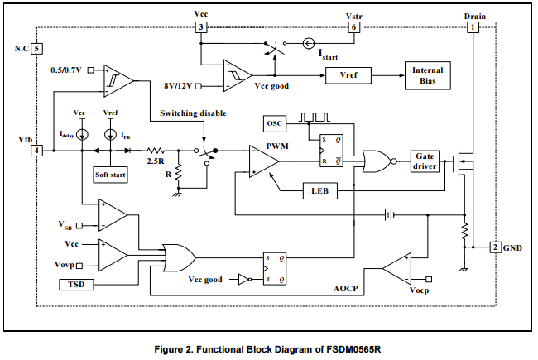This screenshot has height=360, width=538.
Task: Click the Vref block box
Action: (x=348, y=74)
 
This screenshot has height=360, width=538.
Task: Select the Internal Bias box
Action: (x=427, y=75)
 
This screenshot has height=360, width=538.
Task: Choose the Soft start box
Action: (x=110, y=175)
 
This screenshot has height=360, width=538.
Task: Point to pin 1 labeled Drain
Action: (x=473, y=27)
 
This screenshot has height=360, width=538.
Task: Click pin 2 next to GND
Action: (x=493, y=247)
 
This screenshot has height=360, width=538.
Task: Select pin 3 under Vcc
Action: (x=201, y=27)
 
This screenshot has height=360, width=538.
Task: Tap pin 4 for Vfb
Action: (x=36, y=150)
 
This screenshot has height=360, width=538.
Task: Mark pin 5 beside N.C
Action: (x=36, y=49)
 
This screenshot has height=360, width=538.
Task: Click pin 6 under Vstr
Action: (x=354, y=27)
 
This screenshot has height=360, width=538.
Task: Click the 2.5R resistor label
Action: (x=154, y=162)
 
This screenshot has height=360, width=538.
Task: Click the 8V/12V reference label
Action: (x=178, y=84)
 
